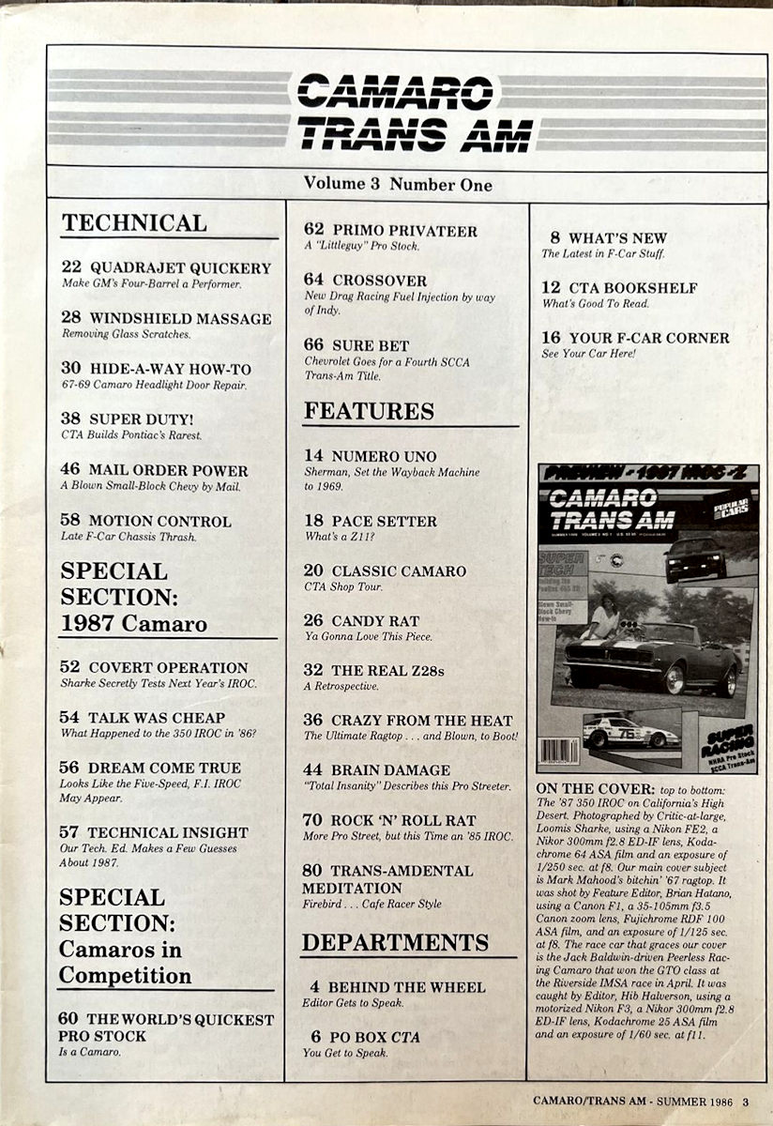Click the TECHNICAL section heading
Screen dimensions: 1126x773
point(134,223)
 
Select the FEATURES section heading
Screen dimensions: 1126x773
point(369,411)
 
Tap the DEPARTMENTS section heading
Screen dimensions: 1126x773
point(395,942)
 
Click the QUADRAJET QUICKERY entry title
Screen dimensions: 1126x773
point(179,267)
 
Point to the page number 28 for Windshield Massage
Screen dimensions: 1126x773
point(71,318)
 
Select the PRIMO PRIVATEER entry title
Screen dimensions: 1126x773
point(404,231)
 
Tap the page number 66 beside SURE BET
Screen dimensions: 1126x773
point(314,346)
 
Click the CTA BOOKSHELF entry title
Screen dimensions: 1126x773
point(633,288)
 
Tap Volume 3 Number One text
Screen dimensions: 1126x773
point(398,185)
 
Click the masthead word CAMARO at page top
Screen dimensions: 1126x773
point(394,92)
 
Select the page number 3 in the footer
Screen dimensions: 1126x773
point(746,1102)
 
